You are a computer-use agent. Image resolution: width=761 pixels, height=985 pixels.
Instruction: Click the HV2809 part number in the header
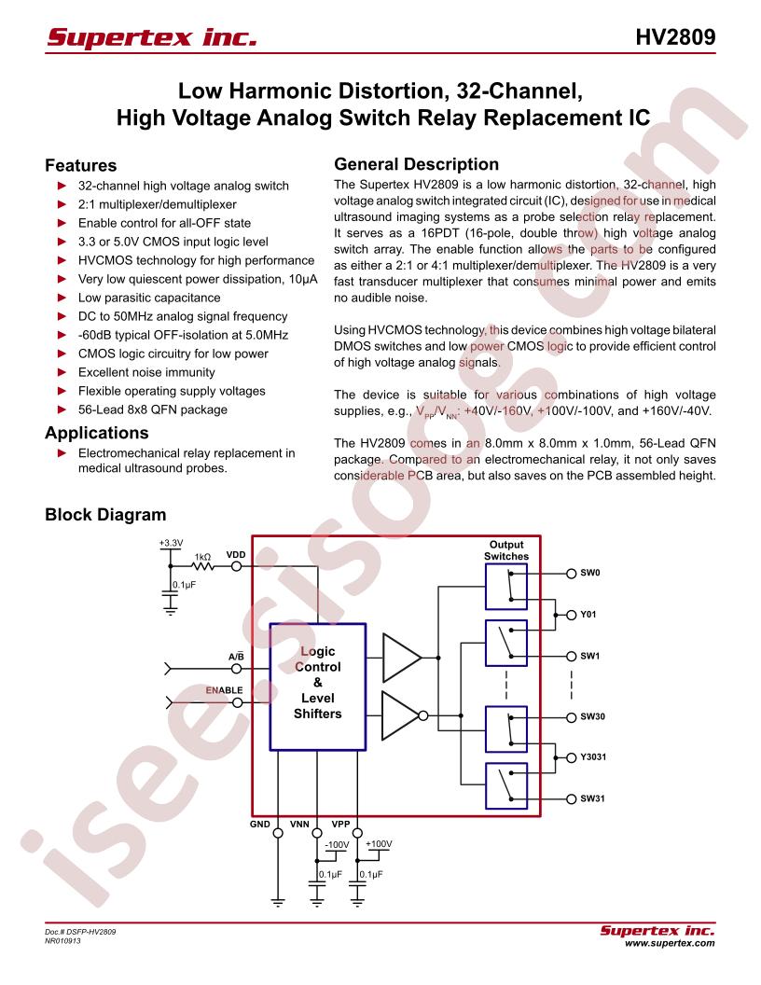point(675,37)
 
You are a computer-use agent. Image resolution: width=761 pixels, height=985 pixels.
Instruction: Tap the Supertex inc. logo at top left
point(152,37)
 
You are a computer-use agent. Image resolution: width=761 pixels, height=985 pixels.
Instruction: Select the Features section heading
point(80,165)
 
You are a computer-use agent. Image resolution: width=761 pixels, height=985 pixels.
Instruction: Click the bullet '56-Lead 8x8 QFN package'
point(153,409)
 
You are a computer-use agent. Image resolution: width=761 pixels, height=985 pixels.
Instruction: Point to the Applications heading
point(97,433)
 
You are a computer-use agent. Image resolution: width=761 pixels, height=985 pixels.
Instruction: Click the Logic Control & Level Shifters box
point(318,687)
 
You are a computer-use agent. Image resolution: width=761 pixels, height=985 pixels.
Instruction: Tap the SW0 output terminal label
point(590,573)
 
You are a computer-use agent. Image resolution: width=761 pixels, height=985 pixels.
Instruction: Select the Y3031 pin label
point(593,757)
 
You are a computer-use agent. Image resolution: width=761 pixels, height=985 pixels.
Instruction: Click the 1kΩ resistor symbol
point(202,566)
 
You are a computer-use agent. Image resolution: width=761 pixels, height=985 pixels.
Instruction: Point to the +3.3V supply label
point(171,543)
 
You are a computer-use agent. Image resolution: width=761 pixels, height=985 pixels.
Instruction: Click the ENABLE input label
point(224,689)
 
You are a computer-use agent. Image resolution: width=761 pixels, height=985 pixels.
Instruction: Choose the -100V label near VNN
point(338,845)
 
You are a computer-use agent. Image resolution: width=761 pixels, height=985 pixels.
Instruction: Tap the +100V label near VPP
point(379,844)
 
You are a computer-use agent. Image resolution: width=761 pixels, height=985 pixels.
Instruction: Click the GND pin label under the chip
point(260,825)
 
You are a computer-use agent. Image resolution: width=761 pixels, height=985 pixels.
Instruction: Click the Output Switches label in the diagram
point(506,550)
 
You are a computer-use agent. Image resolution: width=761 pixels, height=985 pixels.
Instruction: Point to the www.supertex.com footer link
point(670,943)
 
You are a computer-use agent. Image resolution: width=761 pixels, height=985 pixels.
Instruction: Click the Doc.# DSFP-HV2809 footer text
point(80,932)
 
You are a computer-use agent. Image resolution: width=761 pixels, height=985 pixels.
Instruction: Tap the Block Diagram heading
point(105,515)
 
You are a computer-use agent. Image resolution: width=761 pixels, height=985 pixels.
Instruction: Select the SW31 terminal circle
point(571,799)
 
